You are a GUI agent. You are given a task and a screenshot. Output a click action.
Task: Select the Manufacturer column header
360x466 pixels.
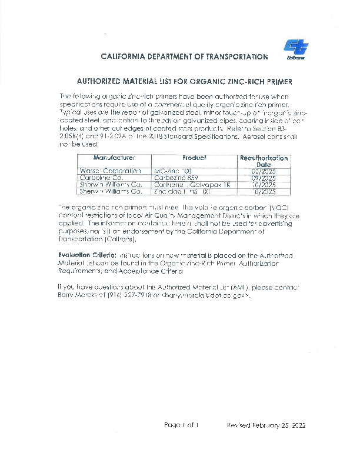coord(114,158)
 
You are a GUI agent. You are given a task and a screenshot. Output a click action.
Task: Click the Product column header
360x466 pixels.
coord(194,158)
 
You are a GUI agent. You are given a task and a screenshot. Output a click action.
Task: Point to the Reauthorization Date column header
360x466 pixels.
coord(264,161)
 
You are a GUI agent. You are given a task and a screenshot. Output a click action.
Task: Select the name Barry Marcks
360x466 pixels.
coord(74,295)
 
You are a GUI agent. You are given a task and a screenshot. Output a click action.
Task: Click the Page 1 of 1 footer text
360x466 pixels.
coord(182,425)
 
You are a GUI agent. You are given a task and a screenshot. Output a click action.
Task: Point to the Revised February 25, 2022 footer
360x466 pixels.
coord(266,425)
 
